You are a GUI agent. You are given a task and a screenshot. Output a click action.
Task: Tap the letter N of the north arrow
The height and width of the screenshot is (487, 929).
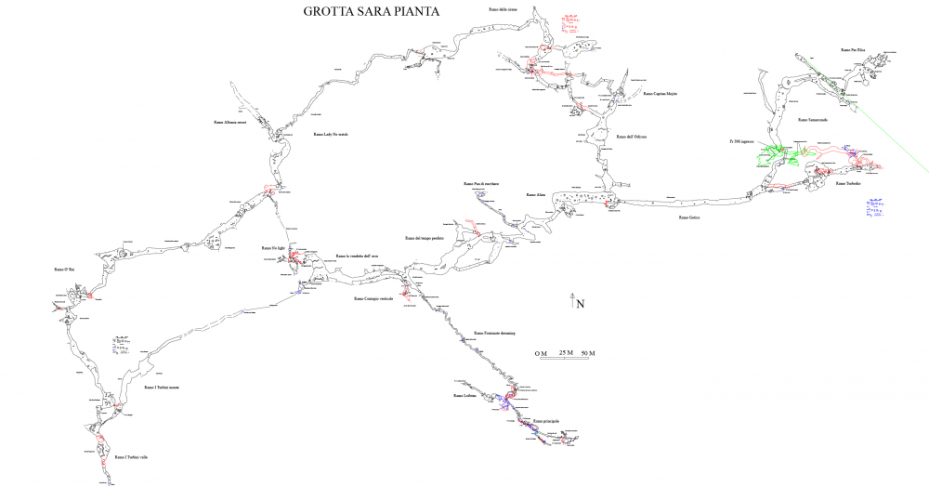click(580, 303)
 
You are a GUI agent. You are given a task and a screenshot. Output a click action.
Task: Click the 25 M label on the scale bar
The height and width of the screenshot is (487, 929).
click(565, 354)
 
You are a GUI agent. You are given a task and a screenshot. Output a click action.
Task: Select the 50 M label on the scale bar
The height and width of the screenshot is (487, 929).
click(587, 354)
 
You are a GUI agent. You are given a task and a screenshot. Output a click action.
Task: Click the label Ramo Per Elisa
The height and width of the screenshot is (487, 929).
click(853, 49)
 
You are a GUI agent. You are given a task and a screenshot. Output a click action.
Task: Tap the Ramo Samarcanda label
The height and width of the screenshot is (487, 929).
click(813, 120)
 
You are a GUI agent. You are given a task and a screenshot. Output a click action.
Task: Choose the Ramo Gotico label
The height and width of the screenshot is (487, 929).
click(688, 217)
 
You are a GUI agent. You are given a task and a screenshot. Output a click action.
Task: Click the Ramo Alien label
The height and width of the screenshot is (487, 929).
click(536, 195)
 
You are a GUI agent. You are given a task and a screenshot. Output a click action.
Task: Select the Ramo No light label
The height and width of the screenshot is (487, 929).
click(273, 248)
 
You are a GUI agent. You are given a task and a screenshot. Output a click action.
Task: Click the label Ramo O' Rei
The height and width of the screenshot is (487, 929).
click(64, 270)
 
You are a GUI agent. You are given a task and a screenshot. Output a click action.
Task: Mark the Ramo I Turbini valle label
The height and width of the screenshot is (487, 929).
click(132, 457)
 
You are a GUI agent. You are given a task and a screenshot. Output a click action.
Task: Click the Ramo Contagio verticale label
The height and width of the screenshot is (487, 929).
click(373, 299)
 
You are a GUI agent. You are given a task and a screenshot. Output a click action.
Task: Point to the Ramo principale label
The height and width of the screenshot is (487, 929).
click(546, 421)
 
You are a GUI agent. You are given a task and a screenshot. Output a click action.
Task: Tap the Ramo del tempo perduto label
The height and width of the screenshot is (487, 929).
click(425, 238)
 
